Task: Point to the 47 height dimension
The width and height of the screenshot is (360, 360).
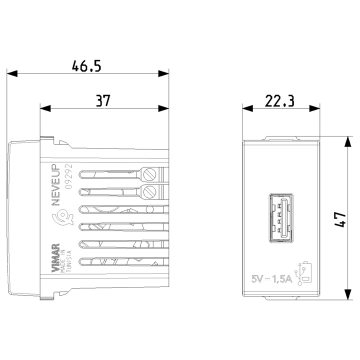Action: [340, 218]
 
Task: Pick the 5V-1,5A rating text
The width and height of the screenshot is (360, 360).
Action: [270, 278]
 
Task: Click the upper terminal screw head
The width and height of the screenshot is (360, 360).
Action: [150, 174]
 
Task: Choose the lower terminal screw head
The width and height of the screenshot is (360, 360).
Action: [150, 191]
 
